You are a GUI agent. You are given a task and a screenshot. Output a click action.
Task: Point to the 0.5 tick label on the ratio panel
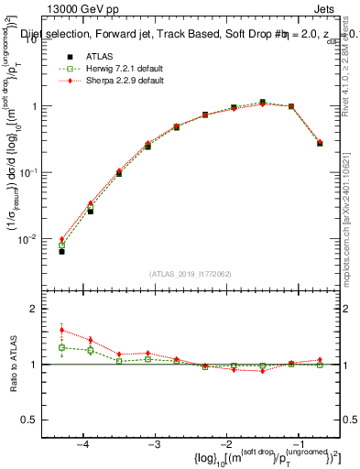(x=38, y=420)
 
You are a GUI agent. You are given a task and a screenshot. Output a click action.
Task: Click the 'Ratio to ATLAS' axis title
(x=16, y=364)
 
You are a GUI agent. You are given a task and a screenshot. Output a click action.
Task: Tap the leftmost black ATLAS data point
(x=61, y=251)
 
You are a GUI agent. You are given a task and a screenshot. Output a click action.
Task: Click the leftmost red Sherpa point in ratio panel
(x=61, y=330)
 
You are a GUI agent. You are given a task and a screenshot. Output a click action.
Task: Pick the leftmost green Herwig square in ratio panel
(x=61, y=347)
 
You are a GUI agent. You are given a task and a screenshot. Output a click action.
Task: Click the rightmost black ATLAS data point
(x=319, y=143)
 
